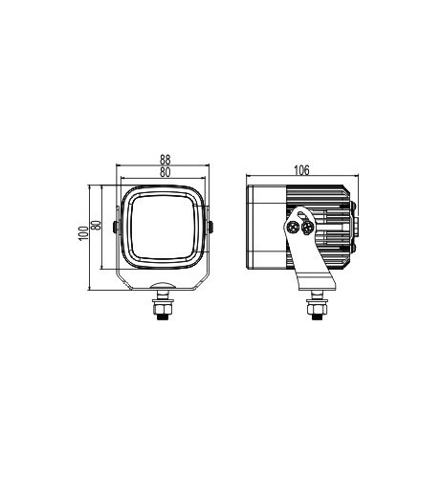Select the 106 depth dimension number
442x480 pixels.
click(301, 170)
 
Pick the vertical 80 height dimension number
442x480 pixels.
click(95, 230)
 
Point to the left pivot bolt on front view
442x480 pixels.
click(115, 228)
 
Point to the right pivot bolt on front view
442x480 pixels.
click(211, 228)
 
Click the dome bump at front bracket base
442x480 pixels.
click(163, 287)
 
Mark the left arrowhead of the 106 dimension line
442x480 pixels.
click(249, 177)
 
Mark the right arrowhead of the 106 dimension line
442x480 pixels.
click(356, 177)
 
